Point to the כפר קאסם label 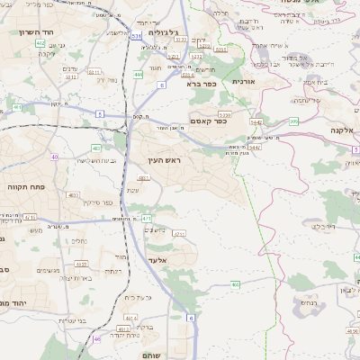coord(208,120)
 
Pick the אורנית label coord(244,81)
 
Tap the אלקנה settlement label coord(342,130)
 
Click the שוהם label coord(153,355)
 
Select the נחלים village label coord(78,240)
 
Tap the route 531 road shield coord(136,36)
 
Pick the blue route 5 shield coord(102,114)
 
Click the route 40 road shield coord(55,157)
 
